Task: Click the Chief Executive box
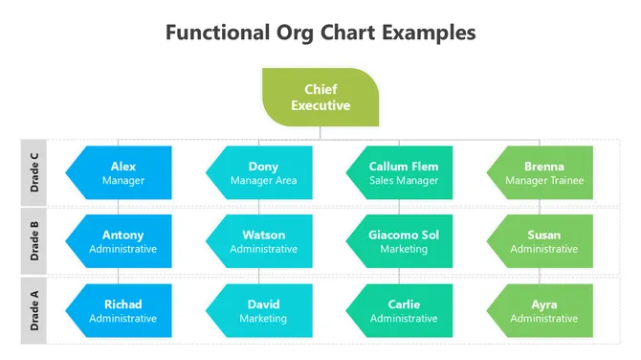[x=320, y=98]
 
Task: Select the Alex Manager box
[x=120, y=172]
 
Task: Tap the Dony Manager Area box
[x=260, y=172]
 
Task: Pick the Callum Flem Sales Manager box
[x=401, y=172]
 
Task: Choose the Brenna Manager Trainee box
[x=542, y=172]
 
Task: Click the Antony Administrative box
[x=120, y=241]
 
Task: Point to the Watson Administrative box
[x=260, y=241]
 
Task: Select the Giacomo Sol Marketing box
[x=401, y=241]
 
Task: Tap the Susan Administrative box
[x=542, y=241]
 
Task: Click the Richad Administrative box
[x=120, y=310]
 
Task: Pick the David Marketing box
[x=260, y=310]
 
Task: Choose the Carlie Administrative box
[x=401, y=310]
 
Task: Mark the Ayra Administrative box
[x=542, y=310]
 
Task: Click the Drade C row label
[x=34, y=172]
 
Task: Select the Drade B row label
[x=34, y=241]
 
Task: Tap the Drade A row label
[x=34, y=310]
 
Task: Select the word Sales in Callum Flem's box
[x=383, y=180]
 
